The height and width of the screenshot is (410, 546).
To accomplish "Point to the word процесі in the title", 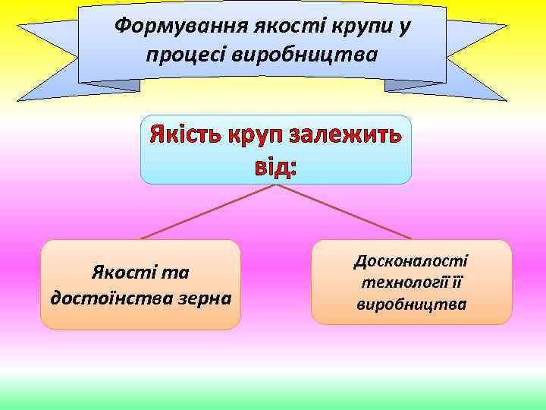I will pos(191,55).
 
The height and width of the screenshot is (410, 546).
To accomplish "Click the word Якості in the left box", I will pos(116,272).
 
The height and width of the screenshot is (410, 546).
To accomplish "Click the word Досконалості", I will pos(412,260).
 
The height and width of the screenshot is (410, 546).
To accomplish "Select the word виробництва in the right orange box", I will pos(412,304).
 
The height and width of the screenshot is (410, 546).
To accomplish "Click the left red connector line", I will pos(206,213).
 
